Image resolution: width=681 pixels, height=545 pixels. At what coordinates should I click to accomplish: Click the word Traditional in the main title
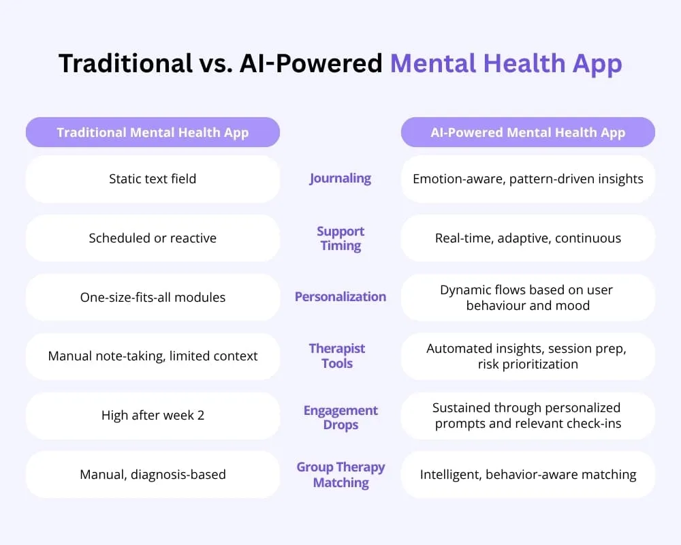click(125, 63)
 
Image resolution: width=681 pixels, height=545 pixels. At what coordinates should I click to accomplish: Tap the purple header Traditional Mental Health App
click(153, 132)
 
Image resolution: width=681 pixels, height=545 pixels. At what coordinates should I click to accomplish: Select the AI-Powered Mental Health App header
click(528, 132)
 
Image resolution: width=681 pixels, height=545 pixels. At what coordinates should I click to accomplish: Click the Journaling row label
click(340, 178)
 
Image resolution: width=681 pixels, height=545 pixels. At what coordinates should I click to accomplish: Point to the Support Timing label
click(340, 238)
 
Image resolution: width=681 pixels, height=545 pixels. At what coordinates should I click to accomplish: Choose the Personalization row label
click(340, 297)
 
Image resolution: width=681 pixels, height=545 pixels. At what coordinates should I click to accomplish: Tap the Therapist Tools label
click(337, 356)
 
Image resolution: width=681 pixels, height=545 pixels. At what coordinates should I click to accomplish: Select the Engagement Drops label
click(340, 417)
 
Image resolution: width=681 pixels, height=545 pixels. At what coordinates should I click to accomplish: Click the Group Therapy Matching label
click(341, 475)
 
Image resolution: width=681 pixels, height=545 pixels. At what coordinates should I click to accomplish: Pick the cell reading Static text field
click(153, 179)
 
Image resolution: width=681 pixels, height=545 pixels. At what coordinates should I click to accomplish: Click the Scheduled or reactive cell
click(153, 238)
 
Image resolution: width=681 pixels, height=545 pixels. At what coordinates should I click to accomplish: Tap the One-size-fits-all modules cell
click(153, 297)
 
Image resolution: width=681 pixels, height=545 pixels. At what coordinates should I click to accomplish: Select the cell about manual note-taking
click(153, 356)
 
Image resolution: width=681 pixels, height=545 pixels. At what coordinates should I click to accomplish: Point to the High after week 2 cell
click(153, 416)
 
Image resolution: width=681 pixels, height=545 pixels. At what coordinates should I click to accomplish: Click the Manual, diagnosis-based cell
click(153, 475)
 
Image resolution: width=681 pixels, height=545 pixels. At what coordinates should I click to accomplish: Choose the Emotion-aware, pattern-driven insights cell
click(528, 179)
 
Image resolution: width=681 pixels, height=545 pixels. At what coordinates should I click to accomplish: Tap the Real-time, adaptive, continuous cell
click(528, 238)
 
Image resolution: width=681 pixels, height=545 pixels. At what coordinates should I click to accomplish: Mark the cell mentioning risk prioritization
click(528, 356)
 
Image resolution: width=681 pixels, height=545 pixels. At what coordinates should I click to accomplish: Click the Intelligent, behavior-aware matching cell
click(528, 475)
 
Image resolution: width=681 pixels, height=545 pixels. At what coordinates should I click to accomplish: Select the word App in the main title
click(597, 65)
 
